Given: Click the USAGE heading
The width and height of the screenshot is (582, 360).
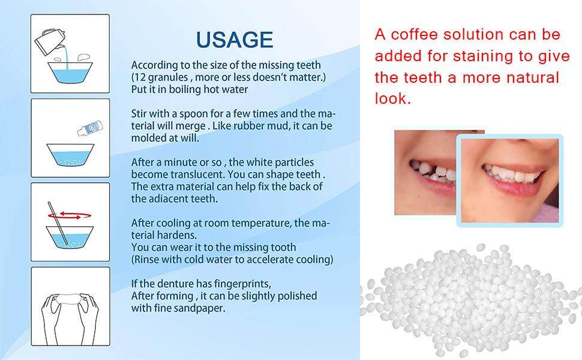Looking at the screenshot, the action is point(235,40).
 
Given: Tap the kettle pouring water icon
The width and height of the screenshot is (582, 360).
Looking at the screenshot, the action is point(50,41).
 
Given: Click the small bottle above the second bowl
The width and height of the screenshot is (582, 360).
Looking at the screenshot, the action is point(90,128).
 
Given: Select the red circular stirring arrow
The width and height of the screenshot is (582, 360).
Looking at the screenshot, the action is point(70,215).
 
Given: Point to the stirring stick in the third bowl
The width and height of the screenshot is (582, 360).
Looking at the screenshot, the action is point(58,223).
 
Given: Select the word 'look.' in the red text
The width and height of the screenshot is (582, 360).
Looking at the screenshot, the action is point(393,98).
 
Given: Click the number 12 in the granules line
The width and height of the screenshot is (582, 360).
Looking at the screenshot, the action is point(140,77).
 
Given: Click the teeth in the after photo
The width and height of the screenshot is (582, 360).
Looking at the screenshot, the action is point(512,174).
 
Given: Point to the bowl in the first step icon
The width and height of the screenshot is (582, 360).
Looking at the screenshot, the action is point(70,73).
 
